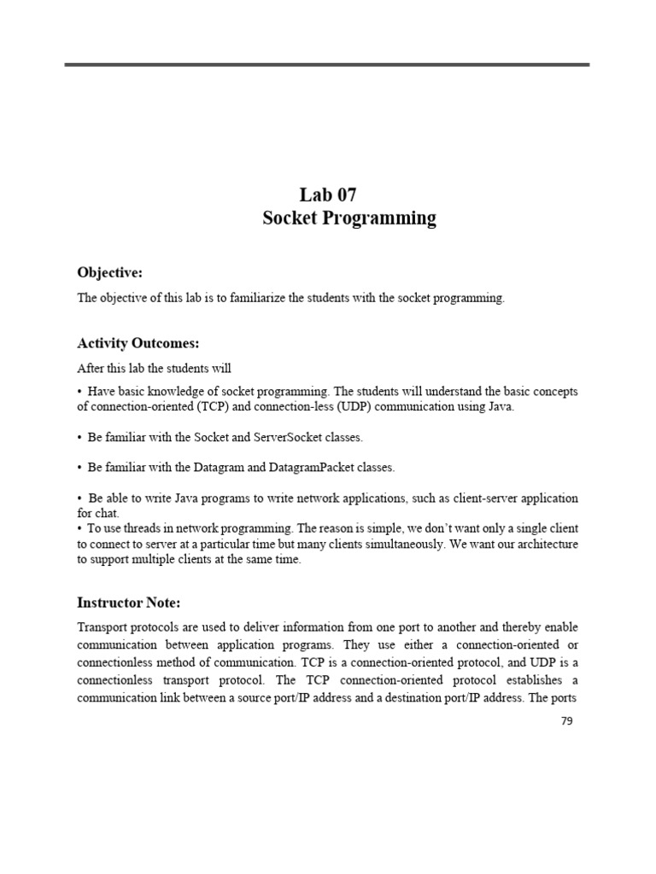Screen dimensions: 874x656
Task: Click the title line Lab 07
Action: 328,195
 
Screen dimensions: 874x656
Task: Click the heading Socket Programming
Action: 348,218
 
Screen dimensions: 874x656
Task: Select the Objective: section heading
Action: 109,272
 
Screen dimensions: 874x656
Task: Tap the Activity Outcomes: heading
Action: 138,343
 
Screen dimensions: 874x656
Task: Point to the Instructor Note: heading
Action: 129,603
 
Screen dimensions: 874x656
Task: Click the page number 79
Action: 567,721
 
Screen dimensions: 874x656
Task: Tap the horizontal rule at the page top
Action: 327,64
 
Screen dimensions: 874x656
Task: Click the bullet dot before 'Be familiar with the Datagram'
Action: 79,468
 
